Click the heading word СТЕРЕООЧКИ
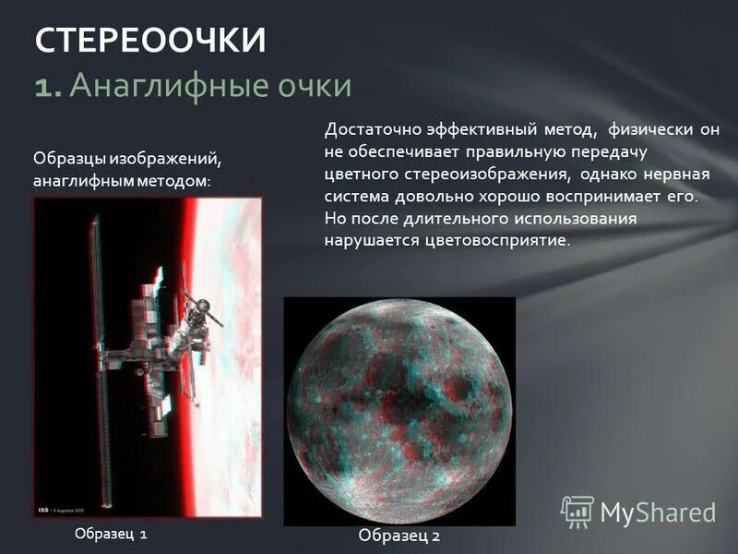(x=150, y=41)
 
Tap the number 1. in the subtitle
(x=48, y=87)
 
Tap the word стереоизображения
(x=469, y=175)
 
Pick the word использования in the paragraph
(x=567, y=219)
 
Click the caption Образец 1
(x=111, y=534)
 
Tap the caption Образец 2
(x=399, y=536)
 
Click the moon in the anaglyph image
(x=399, y=409)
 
